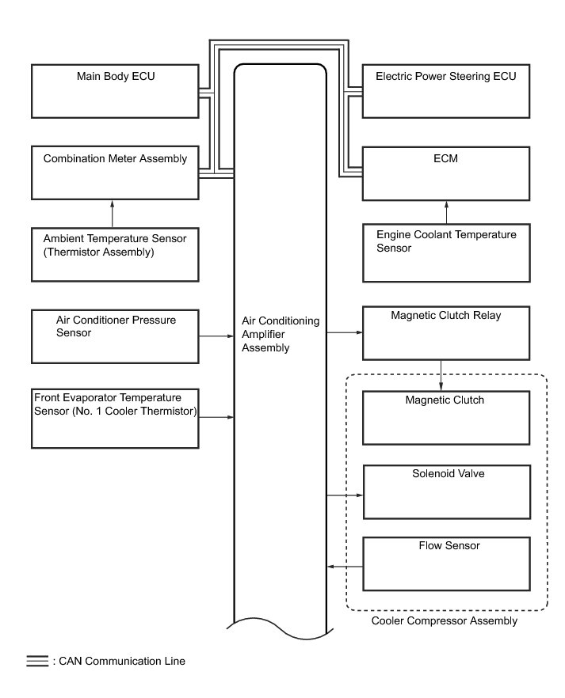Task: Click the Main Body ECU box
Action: tap(115, 91)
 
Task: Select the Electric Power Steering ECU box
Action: tap(446, 91)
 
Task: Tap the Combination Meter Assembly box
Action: tap(115, 172)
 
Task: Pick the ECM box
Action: tap(446, 172)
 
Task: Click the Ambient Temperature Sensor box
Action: tap(115, 253)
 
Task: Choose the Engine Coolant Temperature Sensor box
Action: tap(446, 253)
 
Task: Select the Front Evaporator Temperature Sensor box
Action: tap(115, 416)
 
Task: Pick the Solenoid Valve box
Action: tap(446, 491)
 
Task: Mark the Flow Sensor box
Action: tap(446, 563)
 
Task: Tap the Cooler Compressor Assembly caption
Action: tap(444, 621)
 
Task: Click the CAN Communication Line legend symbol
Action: tap(36, 661)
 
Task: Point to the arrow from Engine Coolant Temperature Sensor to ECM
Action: tap(446, 212)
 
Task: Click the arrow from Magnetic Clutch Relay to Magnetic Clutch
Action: tap(441, 374)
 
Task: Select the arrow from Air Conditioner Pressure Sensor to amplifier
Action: tap(216, 336)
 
